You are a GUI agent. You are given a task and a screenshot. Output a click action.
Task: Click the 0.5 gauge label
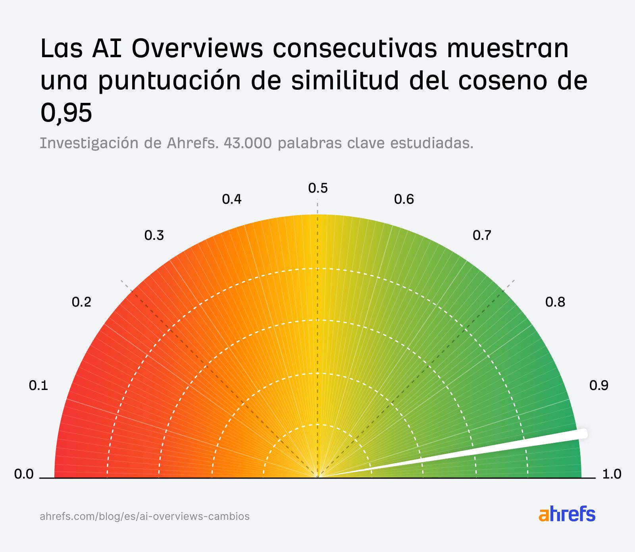pos(318,188)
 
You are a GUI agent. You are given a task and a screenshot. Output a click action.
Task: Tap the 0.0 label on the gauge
pos(24,474)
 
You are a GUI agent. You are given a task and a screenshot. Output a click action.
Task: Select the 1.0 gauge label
pos(612,474)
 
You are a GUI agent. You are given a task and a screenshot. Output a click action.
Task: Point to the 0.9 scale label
pos(598,385)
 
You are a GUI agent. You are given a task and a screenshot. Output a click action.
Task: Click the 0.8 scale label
pos(555,302)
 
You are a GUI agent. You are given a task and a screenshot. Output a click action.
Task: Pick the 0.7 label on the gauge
pos(482,235)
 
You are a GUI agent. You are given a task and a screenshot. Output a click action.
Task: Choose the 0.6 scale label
pos(404,199)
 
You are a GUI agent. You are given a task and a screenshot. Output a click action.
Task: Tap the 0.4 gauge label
pos(232,199)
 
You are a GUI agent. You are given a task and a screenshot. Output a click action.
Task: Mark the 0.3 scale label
pos(154,235)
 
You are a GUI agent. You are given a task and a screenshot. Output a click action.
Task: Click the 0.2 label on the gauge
pos(81,302)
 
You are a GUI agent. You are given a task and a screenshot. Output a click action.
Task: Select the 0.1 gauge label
pos(38,385)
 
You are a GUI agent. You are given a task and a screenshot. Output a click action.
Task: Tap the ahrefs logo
pos(567,514)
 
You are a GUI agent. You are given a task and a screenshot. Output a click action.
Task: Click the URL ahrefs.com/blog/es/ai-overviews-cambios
pos(144,516)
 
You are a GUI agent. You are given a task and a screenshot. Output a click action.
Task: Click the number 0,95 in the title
pos(66,112)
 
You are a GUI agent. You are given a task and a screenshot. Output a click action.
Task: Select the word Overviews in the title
pos(197,48)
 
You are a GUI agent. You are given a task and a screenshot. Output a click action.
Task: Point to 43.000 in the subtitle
pos(248,143)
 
